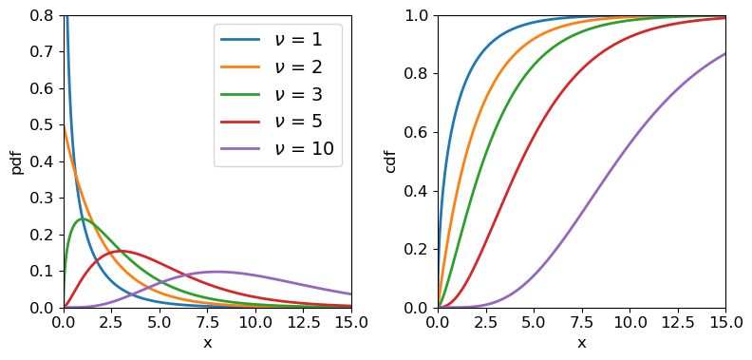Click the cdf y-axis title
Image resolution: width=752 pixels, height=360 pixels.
[x=390, y=161]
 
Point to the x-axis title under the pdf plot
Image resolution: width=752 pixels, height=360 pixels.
[x=207, y=343]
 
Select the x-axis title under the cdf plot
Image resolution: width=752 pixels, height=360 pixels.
[x=581, y=343]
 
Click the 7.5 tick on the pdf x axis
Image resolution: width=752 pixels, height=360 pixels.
[x=207, y=323]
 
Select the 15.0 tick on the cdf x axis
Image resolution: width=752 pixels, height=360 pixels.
[x=725, y=323]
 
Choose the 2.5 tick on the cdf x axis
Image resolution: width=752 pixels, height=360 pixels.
[x=485, y=323]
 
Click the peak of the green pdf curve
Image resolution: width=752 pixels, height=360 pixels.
[x=83, y=219]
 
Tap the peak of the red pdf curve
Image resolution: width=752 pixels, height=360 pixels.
[x=122, y=252]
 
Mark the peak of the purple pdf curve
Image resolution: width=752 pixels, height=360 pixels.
[x=217, y=272]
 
